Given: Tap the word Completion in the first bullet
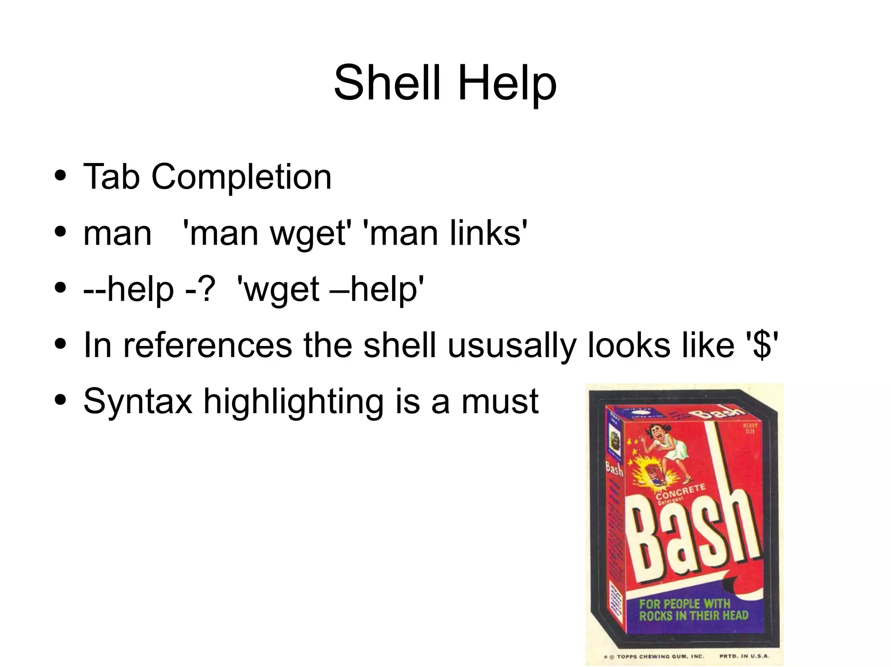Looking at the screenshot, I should coord(241,177).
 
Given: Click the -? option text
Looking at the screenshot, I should coord(200,289).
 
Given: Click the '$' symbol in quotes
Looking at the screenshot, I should coord(762,345).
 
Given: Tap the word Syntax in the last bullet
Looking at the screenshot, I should coord(137,402).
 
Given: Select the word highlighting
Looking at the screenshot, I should coord(294,402).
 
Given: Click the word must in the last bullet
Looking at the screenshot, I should coord(500,402).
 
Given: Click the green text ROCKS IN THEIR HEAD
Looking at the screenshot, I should coord(693,615).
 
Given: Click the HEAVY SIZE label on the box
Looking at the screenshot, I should coord(750,428).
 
